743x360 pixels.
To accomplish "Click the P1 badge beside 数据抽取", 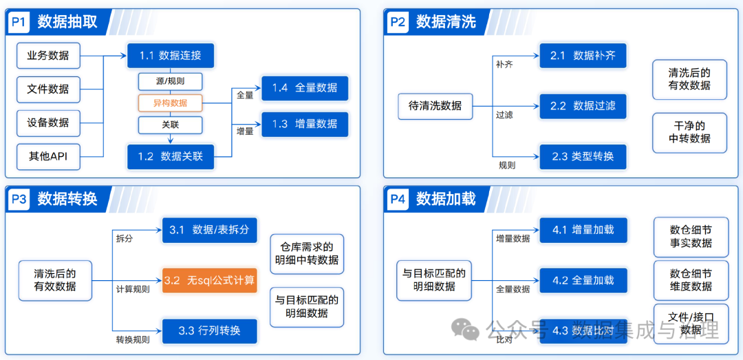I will (x=19, y=22).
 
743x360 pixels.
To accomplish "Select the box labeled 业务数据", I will (x=48, y=55).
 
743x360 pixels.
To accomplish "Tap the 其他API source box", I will (x=48, y=156).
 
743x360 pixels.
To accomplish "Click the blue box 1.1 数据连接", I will (x=170, y=55).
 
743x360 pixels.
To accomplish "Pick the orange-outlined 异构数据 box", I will (x=170, y=103).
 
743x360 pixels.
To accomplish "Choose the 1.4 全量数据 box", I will (x=305, y=88).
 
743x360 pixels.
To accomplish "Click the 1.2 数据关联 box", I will (x=170, y=156).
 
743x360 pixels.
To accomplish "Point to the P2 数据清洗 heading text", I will (x=446, y=22).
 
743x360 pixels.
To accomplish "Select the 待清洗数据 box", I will (x=435, y=106).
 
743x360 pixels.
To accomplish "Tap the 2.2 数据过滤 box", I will (x=583, y=106).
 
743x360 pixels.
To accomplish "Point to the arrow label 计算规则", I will (x=133, y=290).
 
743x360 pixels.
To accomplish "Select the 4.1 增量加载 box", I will (x=583, y=230).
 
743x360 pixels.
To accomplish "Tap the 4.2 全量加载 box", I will (x=583, y=280).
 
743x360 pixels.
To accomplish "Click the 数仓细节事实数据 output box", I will (x=690, y=236).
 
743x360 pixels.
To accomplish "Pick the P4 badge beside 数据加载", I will (x=398, y=200).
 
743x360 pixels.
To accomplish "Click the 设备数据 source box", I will (x=48, y=123).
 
